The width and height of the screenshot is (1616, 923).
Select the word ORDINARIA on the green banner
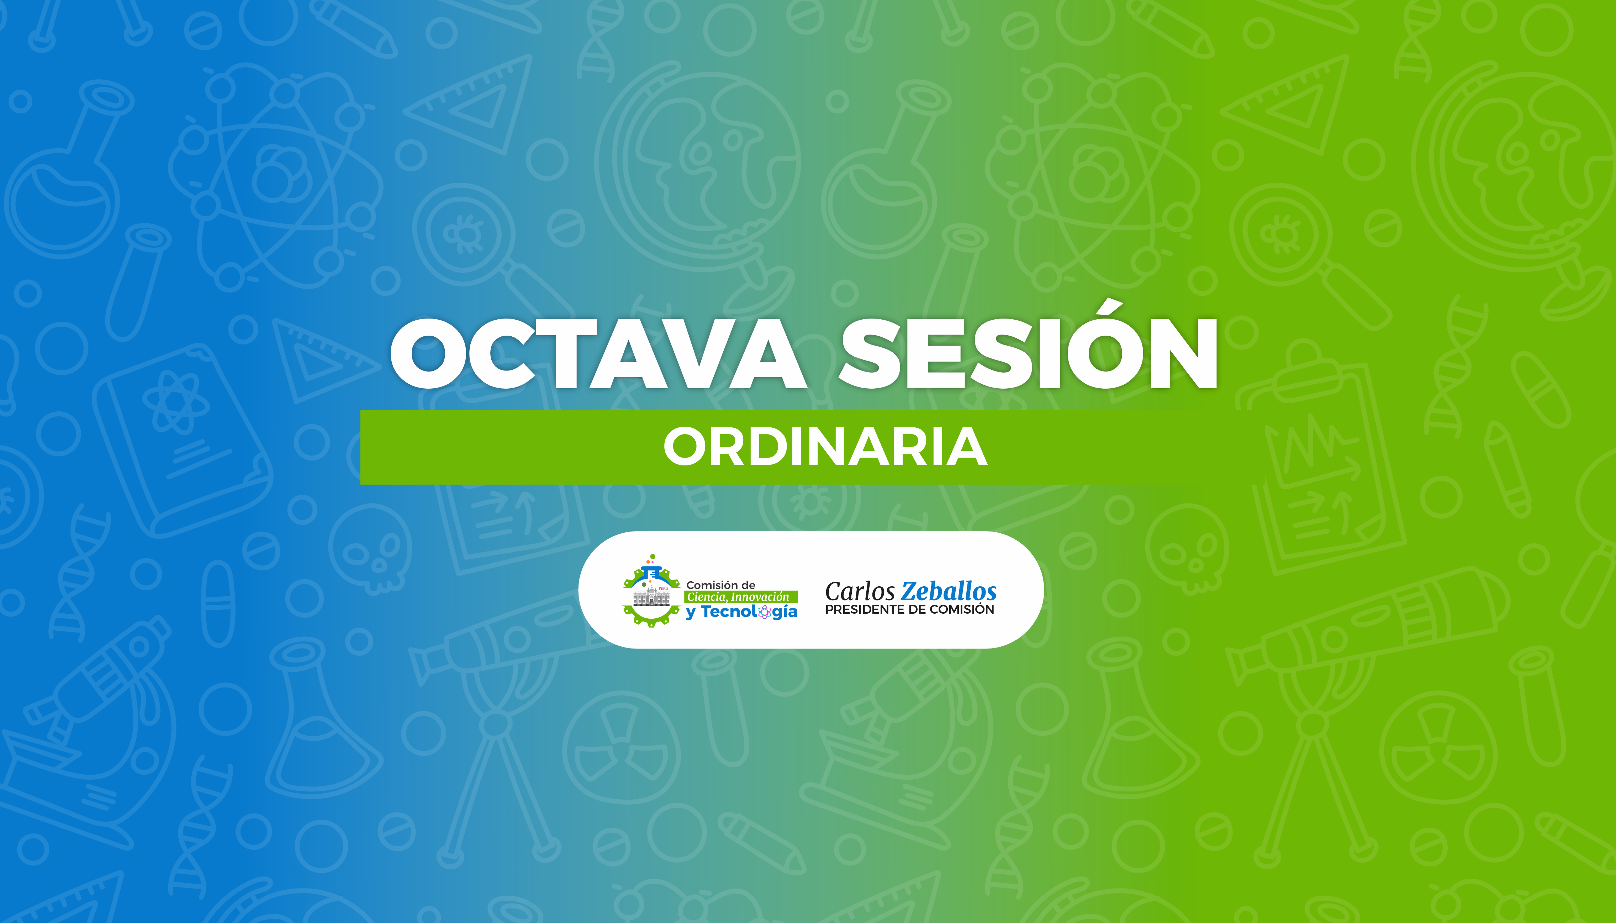tap(825, 447)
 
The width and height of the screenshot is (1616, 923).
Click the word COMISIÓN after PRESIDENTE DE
tap(963, 609)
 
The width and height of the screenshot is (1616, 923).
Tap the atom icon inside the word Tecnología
tap(765, 612)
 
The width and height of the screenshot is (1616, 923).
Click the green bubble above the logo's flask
tap(653, 556)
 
